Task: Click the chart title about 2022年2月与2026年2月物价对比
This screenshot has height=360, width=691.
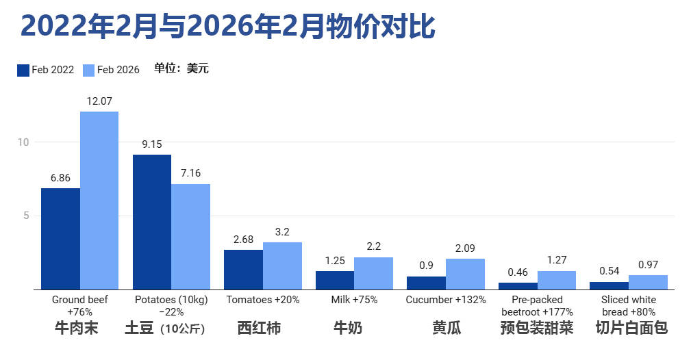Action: pyautogui.click(x=227, y=27)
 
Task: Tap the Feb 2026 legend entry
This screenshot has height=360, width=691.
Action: pyautogui.click(x=111, y=70)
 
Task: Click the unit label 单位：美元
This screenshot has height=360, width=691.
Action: pyautogui.click(x=181, y=69)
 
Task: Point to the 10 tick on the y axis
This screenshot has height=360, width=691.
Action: pyautogui.click(x=23, y=142)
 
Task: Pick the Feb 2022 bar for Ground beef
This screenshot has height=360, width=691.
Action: pyautogui.click(x=60, y=239)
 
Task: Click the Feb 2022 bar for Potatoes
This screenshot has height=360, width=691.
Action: pyautogui.click(x=152, y=222)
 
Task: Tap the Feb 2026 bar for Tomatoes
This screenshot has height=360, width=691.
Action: pyautogui.click(x=282, y=266)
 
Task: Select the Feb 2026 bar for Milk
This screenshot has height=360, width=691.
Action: pyautogui.click(x=373, y=273)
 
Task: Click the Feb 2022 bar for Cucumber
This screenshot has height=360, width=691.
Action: pyautogui.click(x=426, y=283)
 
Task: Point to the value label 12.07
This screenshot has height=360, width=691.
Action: pyautogui.click(x=99, y=101)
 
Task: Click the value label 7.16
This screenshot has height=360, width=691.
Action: pyautogui.click(x=190, y=173)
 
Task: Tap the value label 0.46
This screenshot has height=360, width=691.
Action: pyautogui.click(x=518, y=272)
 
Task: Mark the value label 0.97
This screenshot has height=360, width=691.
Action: pyautogui.click(x=648, y=264)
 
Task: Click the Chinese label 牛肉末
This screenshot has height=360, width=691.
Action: pyautogui.click(x=77, y=329)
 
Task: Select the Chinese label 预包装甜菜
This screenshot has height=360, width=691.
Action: pyautogui.click(x=537, y=329)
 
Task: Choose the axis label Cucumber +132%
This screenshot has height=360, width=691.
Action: pyautogui.click(x=446, y=300)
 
